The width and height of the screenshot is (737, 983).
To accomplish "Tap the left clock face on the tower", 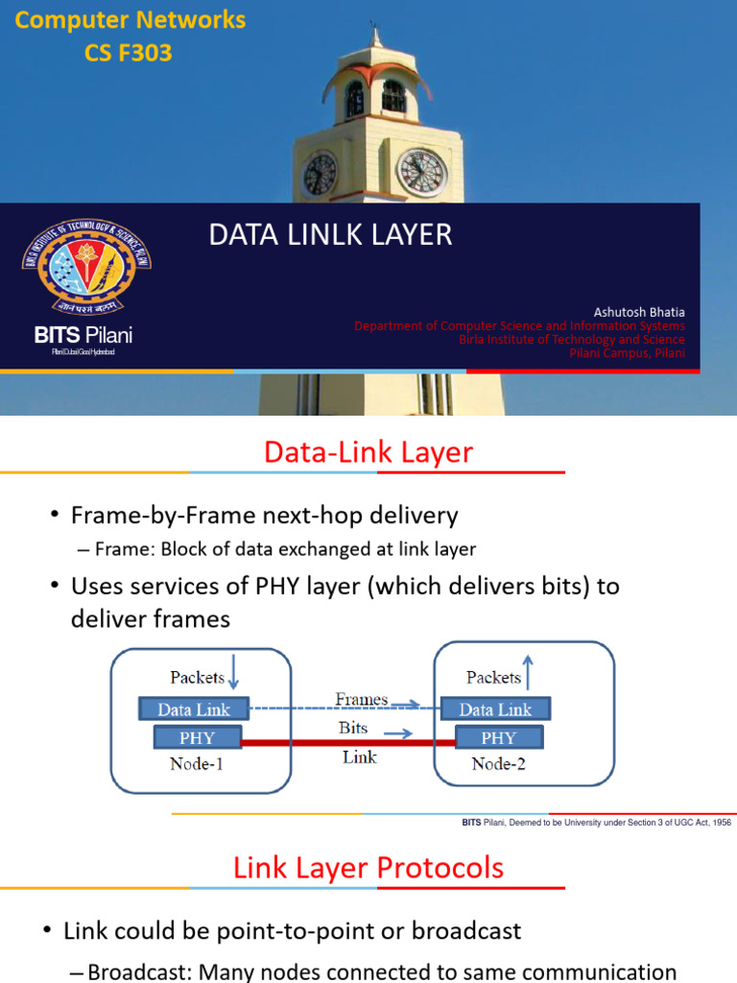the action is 320,174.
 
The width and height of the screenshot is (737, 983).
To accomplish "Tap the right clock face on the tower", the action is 421,172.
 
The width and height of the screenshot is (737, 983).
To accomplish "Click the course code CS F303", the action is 129,53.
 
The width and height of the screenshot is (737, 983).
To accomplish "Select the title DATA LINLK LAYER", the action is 330,235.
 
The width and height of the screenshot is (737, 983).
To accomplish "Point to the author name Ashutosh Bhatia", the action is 639,312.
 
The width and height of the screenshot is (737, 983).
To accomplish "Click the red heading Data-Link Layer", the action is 368,452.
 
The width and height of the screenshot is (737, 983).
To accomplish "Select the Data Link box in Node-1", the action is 194,710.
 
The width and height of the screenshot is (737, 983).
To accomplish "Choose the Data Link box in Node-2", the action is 495,709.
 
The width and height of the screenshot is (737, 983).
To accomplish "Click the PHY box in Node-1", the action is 197,738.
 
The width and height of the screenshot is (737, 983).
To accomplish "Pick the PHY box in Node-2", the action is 498,738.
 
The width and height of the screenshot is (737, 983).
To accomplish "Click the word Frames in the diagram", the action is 361,700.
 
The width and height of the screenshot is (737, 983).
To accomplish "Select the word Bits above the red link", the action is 353,728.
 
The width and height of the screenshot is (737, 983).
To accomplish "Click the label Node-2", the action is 498,764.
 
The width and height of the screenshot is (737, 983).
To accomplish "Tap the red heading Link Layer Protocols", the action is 368,869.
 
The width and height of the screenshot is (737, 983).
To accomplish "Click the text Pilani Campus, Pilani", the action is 628,353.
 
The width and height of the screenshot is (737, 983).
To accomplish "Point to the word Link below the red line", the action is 359,757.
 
